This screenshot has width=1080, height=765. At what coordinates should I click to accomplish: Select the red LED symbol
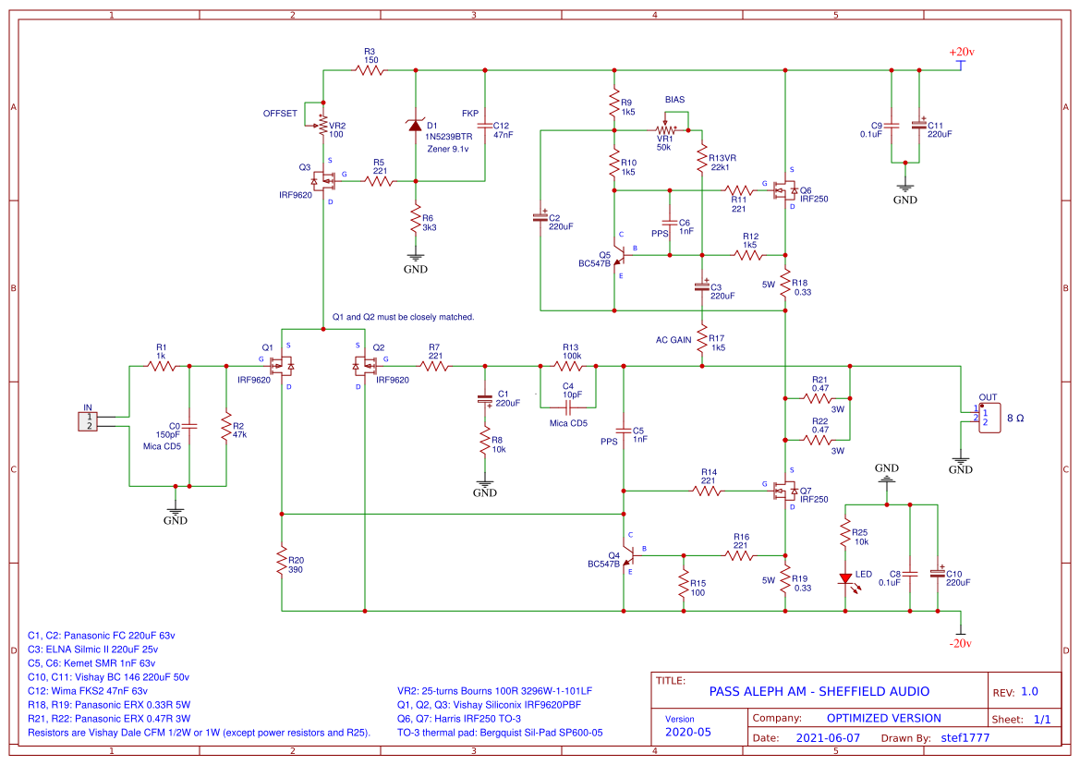pos(845,579)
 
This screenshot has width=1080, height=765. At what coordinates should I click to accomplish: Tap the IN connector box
pos(89,422)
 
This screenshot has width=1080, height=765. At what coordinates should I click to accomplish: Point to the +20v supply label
pos(962,53)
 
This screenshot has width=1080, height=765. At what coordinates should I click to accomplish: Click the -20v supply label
pos(962,643)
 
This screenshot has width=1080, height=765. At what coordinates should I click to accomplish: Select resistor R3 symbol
pos(370,69)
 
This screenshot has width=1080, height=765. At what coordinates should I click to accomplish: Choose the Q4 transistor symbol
pos(629,556)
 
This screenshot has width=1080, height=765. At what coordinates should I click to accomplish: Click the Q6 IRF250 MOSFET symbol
pos(785,191)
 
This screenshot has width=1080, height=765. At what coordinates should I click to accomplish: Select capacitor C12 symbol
pos(486,126)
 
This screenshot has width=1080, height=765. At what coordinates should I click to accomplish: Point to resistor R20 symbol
pos(282,560)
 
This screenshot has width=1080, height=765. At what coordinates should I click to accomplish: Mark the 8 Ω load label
pos(1015,419)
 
